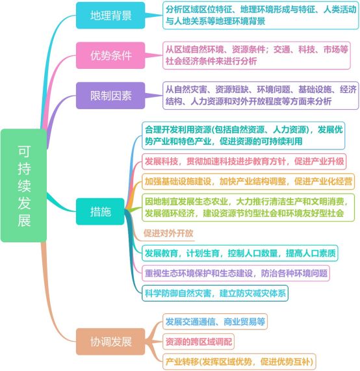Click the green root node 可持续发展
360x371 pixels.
[23, 185]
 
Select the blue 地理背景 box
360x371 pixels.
[110, 16]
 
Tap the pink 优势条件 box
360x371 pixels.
[110, 55]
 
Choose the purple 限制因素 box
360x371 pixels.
[110, 96]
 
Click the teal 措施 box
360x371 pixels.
[100, 211]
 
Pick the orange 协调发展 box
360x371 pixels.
[110, 341]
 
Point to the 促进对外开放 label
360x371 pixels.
[168, 233]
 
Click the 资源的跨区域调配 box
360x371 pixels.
[198, 341]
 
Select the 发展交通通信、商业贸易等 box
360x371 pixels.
[215, 322]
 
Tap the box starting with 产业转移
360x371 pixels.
[239, 361]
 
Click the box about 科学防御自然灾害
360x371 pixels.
[215, 293]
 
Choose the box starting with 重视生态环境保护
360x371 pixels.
[236, 274]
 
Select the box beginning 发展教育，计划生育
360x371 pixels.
[240, 253]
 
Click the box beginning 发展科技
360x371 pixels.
[244, 161]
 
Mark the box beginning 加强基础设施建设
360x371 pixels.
[248, 181]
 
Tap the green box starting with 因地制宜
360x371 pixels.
[248, 207]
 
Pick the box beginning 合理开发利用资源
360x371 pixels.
[243, 136]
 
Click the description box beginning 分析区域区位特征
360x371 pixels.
[261, 16]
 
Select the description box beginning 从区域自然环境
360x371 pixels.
[257, 55]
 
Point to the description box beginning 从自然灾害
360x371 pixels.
[261, 96]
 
